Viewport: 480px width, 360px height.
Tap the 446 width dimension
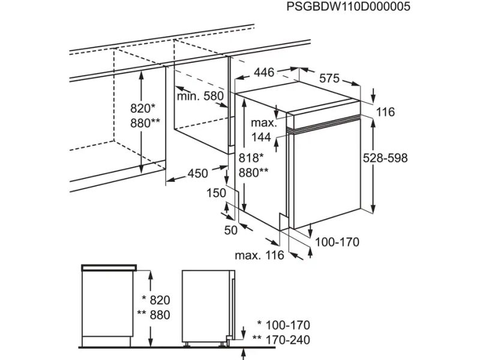point(264,73)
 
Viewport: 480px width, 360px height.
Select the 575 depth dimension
point(329,78)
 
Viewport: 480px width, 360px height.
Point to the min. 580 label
point(200,96)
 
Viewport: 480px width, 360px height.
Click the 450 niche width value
point(197,173)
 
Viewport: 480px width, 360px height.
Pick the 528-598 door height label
point(385,158)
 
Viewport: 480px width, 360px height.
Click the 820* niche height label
point(143,109)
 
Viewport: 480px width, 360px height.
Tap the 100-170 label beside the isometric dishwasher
point(337,242)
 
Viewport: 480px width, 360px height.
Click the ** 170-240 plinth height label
point(283,340)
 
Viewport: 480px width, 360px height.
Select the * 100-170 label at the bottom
point(283,326)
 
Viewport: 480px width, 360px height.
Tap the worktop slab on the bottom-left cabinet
point(109,266)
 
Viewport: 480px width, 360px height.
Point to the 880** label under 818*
point(253,172)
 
